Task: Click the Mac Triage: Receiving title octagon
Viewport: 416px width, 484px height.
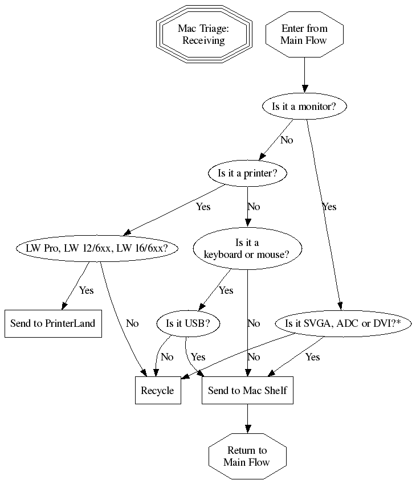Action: (204, 34)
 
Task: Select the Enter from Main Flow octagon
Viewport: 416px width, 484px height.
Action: (304, 34)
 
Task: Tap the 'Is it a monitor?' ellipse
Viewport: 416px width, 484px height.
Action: (304, 106)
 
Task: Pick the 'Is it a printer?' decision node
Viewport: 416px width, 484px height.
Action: (247, 174)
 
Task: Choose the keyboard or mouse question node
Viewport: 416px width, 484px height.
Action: (247, 249)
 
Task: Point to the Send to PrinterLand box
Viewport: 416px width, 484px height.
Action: (53, 324)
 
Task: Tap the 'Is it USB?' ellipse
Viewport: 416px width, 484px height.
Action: (188, 324)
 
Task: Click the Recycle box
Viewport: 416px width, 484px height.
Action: (158, 391)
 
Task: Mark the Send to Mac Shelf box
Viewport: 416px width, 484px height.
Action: (247, 391)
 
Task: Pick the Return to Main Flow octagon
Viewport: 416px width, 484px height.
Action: (247, 457)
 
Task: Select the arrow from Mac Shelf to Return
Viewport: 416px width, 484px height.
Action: (247, 420)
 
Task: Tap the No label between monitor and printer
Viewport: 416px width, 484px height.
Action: (287, 140)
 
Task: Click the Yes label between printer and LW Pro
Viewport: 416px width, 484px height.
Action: (203, 207)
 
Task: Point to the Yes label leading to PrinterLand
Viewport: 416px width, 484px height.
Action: (86, 290)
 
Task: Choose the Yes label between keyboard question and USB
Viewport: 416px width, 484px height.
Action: (226, 290)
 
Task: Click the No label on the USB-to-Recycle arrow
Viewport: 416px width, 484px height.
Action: (167, 357)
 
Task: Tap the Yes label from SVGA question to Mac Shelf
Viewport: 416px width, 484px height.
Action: (312, 357)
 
